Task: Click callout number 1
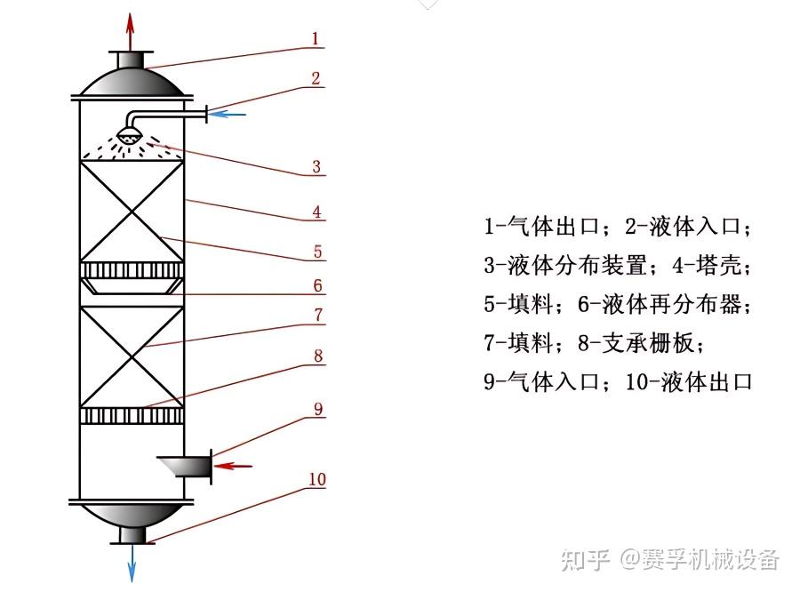click(x=316, y=38)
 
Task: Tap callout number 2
click(x=316, y=77)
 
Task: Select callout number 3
click(x=316, y=166)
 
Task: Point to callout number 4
click(x=316, y=212)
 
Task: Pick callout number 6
click(x=316, y=286)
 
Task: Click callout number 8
click(x=316, y=356)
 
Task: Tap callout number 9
click(x=317, y=410)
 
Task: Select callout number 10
click(x=317, y=480)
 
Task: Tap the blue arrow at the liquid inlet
click(x=230, y=113)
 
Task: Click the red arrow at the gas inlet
click(x=236, y=465)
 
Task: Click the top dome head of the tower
click(x=132, y=83)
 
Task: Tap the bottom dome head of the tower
click(x=132, y=516)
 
